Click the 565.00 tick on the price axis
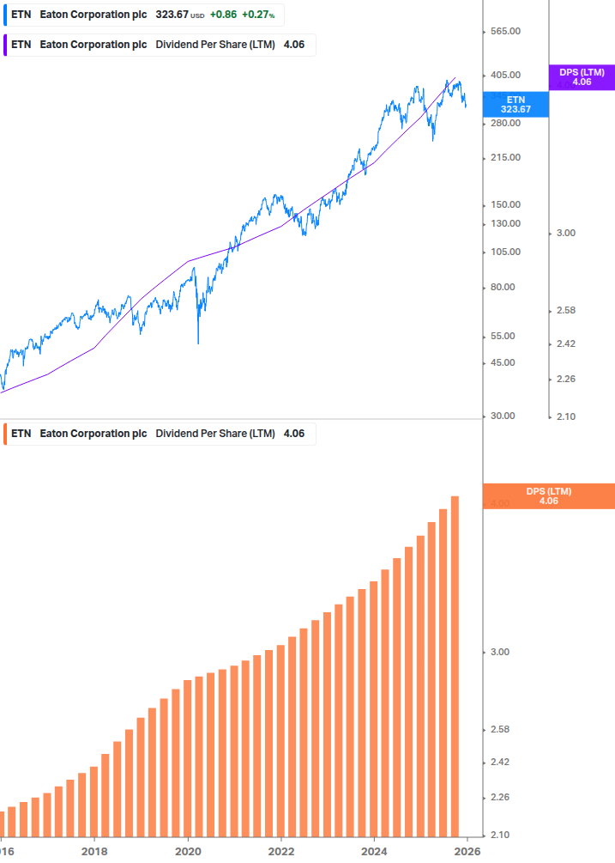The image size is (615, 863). click(x=504, y=32)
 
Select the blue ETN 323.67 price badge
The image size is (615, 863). click(x=516, y=104)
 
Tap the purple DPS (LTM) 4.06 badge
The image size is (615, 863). click(x=582, y=77)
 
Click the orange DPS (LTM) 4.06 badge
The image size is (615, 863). click(x=549, y=495)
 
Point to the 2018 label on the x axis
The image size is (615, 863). click(x=94, y=852)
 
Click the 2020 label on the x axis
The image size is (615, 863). click(x=188, y=852)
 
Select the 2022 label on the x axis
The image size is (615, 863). click(x=280, y=852)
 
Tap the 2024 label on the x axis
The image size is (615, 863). click(x=374, y=852)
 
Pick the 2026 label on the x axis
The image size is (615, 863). click(x=467, y=852)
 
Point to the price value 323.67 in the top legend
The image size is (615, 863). click(x=172, y=15)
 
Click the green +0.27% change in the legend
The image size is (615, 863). click(x=257, y=15)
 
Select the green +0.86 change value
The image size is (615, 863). click(x=222, y=15)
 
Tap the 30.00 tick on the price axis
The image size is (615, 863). click(x=503, y=416)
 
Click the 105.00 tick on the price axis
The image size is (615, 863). click(x=504, y=252)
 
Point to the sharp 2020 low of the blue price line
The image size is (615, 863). click(x=198, y=343)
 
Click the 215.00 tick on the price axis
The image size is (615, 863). click(x=504, y=158)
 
